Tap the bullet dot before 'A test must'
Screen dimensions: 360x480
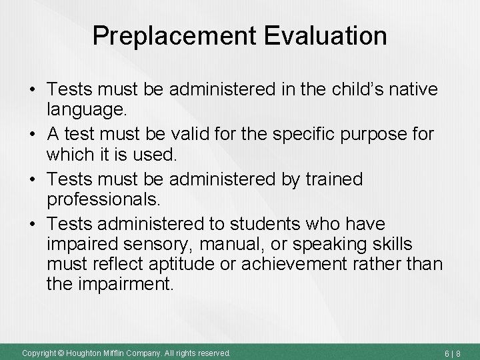pos(31,135)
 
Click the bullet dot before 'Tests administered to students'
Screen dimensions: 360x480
pos(31,225)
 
